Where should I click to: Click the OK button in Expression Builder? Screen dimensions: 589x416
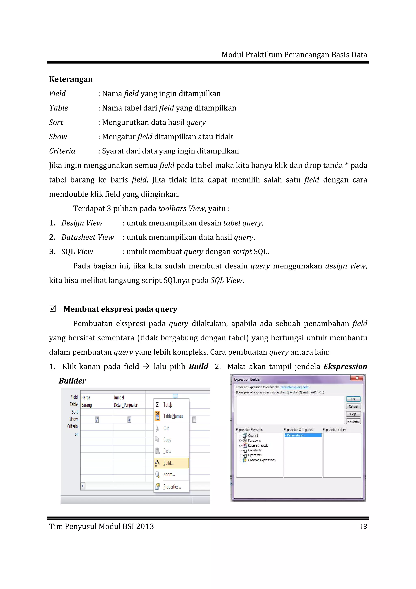coord(353,399)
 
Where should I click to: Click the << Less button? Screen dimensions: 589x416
coord(353,421)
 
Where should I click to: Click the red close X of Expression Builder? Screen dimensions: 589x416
coord(357,378)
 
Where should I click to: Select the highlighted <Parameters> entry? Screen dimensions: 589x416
coord(303,435)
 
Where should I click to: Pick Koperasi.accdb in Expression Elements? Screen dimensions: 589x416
coord(258,445)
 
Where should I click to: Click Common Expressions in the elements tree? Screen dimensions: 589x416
coord(262,460)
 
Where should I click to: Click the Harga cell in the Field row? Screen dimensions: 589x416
coord(96,398)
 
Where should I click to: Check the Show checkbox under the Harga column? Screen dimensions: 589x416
coord(97,420)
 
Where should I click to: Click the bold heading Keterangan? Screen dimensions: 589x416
coord(71,79)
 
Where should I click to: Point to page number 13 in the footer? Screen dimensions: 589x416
coord(363,527)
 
